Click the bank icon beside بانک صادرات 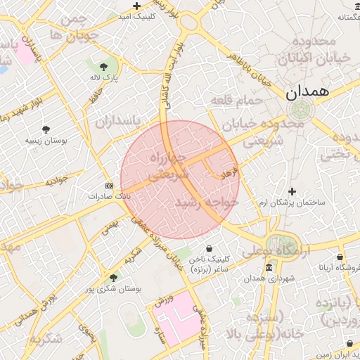[x=108, y=186]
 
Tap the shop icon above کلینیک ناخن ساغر [x=210, y=248]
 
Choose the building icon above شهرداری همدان [x=269, y=268]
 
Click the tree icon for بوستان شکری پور [x=114, y=278]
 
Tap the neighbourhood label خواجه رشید [x=207, y=202]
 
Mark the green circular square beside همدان [x=301, y=110]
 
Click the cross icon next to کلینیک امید [x=138, y=6]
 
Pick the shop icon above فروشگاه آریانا [x=340, y=257]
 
